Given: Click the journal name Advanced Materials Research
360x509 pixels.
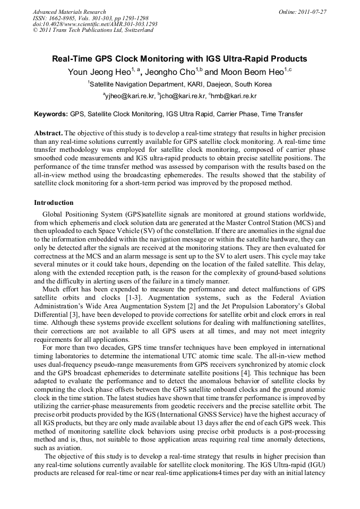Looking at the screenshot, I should click(x=69, y=12).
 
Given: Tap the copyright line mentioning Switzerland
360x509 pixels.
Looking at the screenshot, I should click(x=93, y=30).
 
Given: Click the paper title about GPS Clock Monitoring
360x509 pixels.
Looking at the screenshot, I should click(x=179, y=59).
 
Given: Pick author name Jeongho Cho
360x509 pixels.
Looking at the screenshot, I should click(x=169, y=72).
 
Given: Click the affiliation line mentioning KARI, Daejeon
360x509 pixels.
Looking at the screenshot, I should click(x=179, y=84).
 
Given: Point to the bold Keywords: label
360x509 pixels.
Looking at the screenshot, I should click(x=51, y=114).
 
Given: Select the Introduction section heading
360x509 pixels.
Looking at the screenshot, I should click(x=54, y=203).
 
